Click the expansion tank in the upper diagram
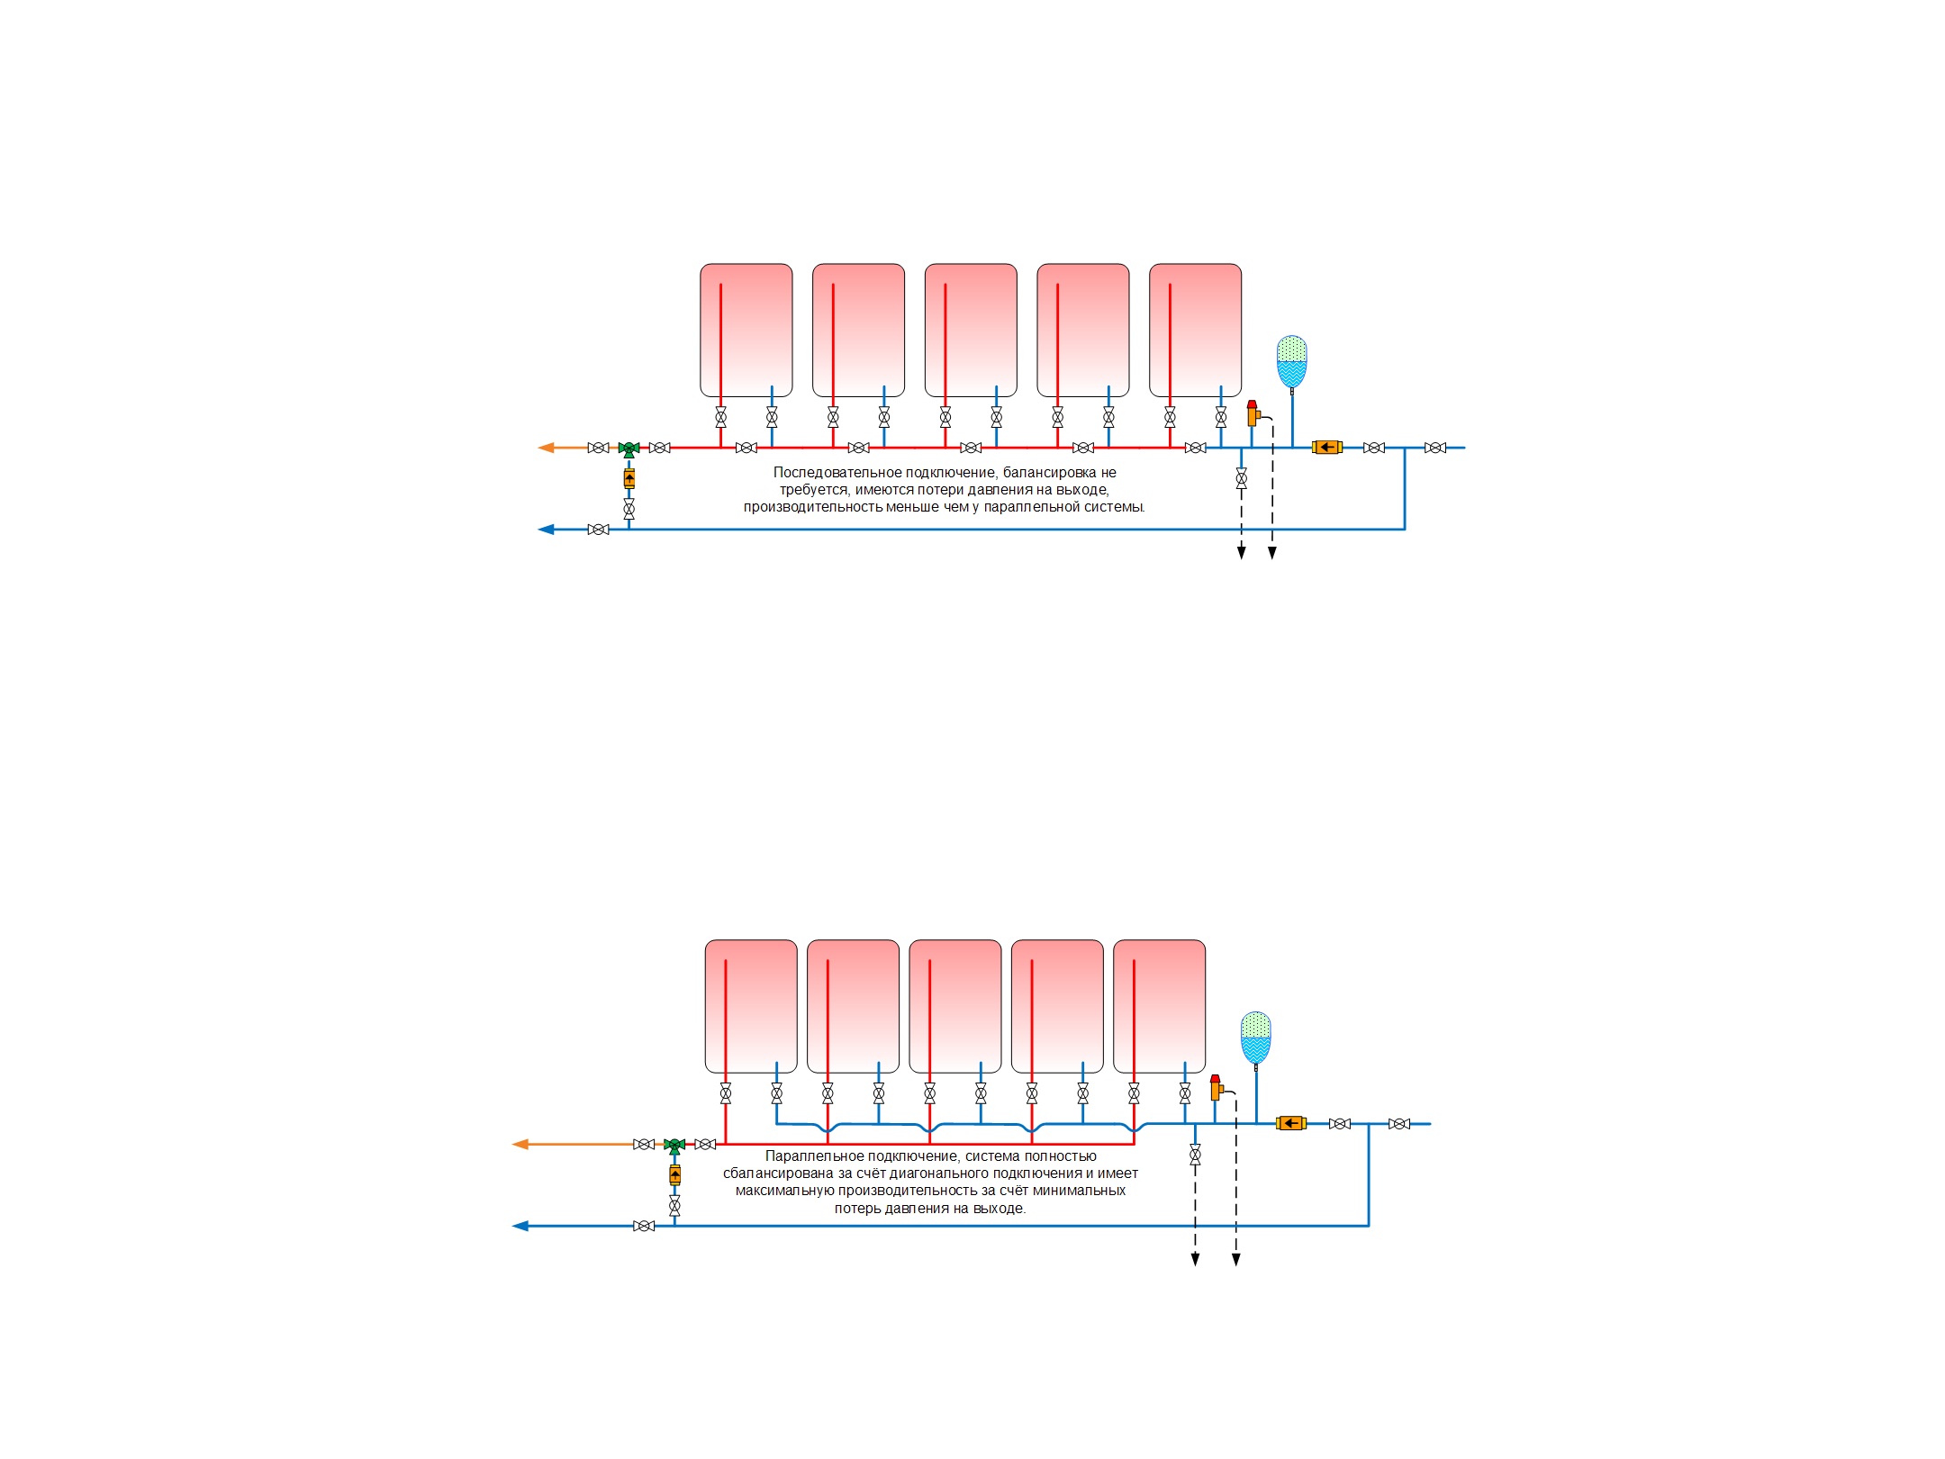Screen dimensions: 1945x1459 tap(1291, 362)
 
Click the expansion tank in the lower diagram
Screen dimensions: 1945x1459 tap(1255, 1038)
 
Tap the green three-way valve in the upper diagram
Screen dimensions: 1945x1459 tap(629, 449)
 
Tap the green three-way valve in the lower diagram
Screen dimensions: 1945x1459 tap(674, 1146)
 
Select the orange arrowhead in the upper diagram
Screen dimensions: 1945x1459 tap(546, 448)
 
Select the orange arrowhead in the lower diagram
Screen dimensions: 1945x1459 tap(520, 1145)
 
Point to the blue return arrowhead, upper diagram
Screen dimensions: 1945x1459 tap(546, 530)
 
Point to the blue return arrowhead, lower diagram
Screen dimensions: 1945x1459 tap(520, 1226)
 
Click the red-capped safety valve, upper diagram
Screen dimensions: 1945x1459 tap(1253, 413)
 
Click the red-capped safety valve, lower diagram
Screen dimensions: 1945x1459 tap(1216, 1088)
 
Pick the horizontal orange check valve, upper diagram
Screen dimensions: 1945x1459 tap(1326, 447)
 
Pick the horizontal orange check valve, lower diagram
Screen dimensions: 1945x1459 tap(1290, 1123)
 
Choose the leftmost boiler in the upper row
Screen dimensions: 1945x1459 tap(746, 331)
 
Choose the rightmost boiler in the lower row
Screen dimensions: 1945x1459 tap(1160, 1007)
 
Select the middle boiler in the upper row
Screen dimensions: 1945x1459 tap(971, 331)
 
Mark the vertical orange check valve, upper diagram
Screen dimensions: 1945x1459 tap(629, 478)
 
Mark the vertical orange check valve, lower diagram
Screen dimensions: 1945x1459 tap(674, 1175)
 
